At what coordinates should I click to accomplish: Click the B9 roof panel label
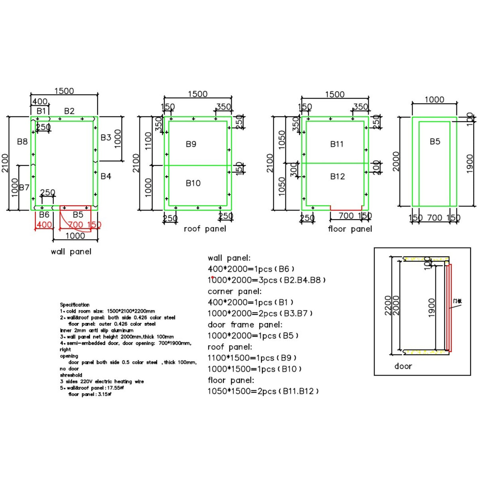point(191,144)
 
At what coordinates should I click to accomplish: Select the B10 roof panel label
point(193,183)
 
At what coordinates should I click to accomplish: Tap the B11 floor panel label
point(336,144)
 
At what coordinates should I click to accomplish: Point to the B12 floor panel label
point(337,176)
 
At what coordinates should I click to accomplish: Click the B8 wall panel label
point(22,141)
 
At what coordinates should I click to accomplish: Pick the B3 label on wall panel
point(106,137)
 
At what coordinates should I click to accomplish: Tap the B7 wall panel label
point(24,187)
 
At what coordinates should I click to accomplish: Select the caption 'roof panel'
point(205,229)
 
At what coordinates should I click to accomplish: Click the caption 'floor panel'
point(350,229)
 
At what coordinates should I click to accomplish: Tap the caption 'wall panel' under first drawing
point(71,252)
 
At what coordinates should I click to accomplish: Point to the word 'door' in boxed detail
point(403,366)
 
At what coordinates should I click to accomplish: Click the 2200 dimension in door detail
point(388,305)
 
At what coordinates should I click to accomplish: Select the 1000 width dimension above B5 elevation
point(434,100)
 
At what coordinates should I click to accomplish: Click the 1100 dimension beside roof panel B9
point(148,141)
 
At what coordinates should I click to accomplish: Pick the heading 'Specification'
point(75,305)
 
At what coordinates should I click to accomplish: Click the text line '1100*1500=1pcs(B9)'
point(252,358)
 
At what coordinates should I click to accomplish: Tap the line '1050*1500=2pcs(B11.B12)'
point(263,392)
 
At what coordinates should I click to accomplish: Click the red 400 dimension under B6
point(44,224)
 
